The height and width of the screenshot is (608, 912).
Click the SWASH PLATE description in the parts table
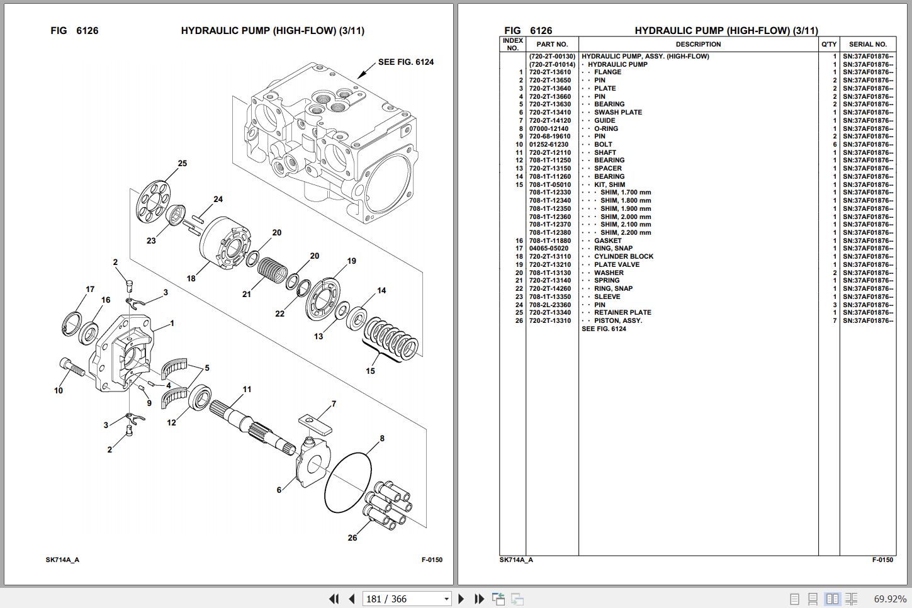click(617, 113)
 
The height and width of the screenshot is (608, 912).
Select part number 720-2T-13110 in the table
click(549, 257)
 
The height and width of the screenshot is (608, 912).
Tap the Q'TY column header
click(829, 45)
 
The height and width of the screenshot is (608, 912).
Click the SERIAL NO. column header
click(867, 45)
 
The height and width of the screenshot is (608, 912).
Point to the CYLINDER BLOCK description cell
click(623, 257)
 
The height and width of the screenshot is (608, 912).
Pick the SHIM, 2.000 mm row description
click(625, 217)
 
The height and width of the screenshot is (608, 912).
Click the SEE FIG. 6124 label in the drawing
click(405, 62)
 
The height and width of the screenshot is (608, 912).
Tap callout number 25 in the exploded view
click(182, 164)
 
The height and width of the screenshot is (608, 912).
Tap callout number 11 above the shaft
click(247, 390)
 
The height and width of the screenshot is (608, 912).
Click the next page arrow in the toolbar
click(461, 599)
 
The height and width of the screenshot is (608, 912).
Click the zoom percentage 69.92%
click(889, 599)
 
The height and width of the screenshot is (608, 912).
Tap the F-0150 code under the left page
click(432, 560)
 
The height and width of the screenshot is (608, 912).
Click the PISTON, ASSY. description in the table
click(617, 321)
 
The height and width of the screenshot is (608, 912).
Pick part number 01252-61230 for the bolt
click(549, 145)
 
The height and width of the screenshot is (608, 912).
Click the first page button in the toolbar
click(334, 599)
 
